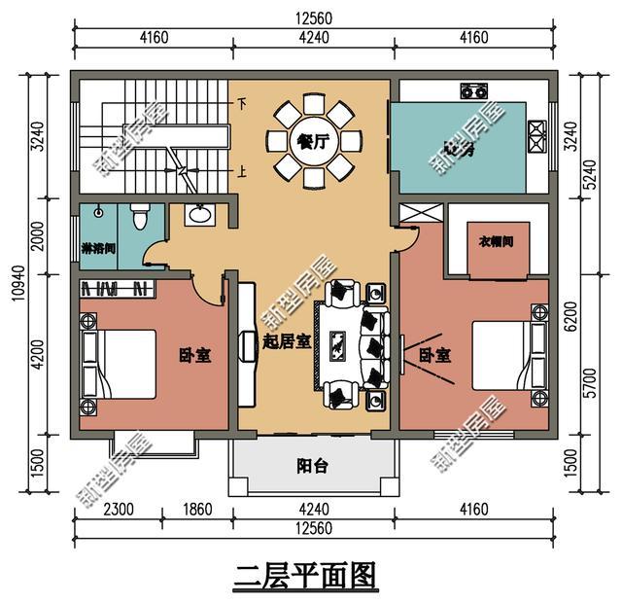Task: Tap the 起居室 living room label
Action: pos(287,341)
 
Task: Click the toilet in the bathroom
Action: pos(139,216)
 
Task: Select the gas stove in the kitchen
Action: pos(473,92)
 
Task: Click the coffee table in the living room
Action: pos(338,342)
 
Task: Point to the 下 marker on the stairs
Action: pos(241,102)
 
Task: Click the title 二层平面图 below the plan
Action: pos(304,576)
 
